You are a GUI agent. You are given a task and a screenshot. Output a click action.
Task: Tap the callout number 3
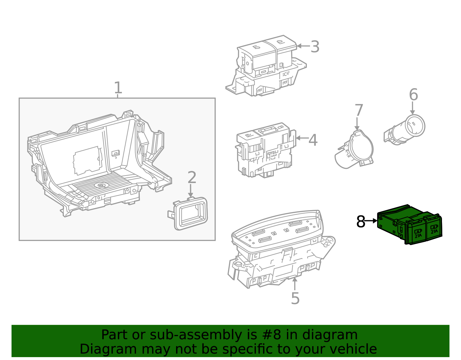coord(315,47)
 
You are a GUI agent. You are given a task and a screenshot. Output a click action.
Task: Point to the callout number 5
coord(295,298)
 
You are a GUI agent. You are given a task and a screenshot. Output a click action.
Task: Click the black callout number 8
coord(361,222)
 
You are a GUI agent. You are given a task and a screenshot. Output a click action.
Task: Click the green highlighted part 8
coord(409,225)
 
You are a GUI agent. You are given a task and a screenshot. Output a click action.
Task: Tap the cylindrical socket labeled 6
coord(406,130)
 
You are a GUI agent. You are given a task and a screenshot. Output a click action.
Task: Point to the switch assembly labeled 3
coord(265,66)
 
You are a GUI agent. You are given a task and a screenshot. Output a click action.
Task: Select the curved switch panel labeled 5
coord(279,248)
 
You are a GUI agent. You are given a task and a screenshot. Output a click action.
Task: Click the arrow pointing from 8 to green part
coord(371,221)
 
